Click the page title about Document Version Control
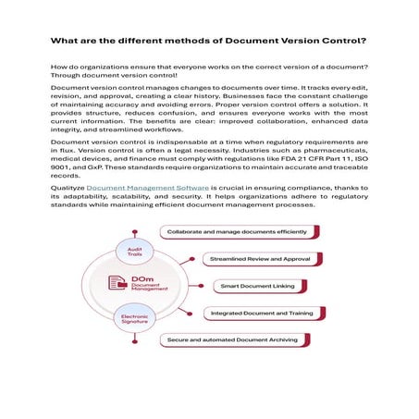point(209,41)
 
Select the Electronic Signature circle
point(129,320)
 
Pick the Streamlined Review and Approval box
point(253,260)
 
